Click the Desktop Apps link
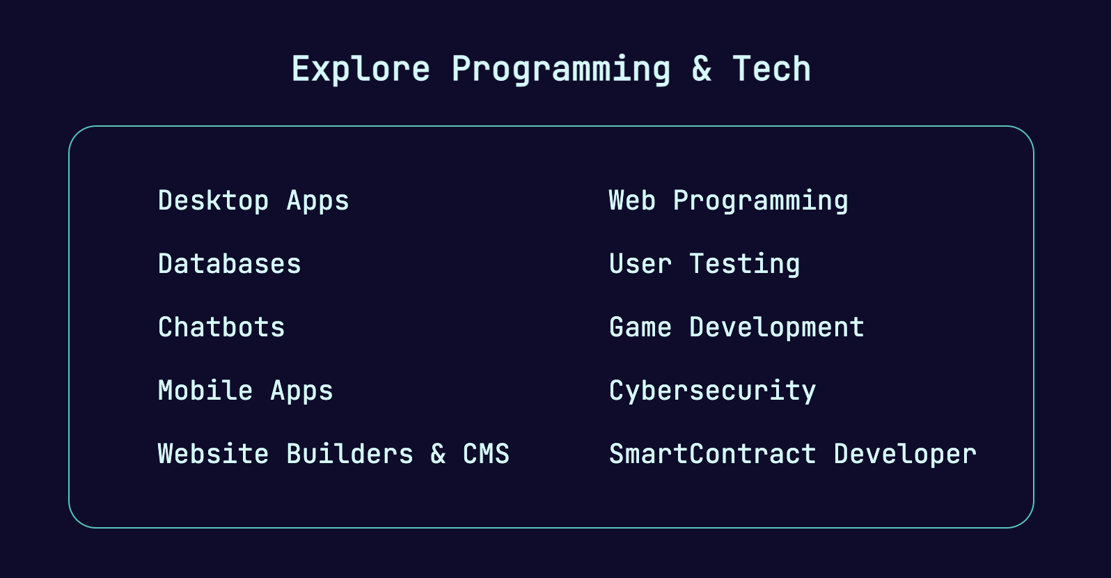[253, 201]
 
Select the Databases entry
[230, 263]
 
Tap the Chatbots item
[221, 327]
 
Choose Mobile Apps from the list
[246, 391]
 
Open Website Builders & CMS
[333, 453]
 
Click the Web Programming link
[729, 201]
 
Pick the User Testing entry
[704, 264]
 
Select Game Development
[736, 327]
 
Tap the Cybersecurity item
[712, 391]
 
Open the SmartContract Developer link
[793, 455]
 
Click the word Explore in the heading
[361, 70]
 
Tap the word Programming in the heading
[561, 70]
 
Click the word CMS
[486, 453]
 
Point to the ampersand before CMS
[438, 453]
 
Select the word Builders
[349, 453]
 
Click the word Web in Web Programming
[632, 201]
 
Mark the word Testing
[744, 264]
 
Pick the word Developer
[905, 455]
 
